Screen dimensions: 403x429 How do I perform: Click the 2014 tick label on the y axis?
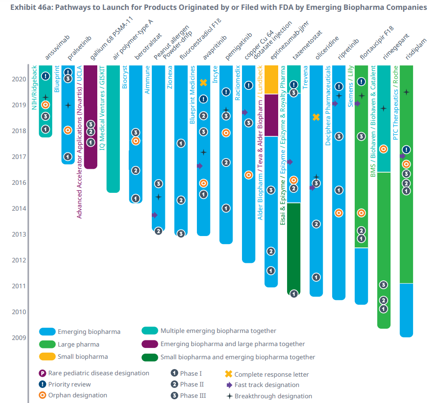[18, 208]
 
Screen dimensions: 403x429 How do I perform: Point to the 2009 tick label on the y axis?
[18, 337]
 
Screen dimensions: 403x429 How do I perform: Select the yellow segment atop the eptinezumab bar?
[271, 79]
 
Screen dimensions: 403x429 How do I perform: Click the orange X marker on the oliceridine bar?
[316, 117]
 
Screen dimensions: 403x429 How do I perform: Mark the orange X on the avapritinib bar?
[203, 83]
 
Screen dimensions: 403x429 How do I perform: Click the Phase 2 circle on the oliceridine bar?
[316, 224]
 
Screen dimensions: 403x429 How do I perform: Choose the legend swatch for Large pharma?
[47, 344]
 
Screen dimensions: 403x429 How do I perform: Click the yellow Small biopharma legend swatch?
[47, 356]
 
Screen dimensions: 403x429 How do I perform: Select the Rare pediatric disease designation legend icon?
[42, 373]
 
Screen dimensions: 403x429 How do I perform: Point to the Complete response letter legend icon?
[229, 374]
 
